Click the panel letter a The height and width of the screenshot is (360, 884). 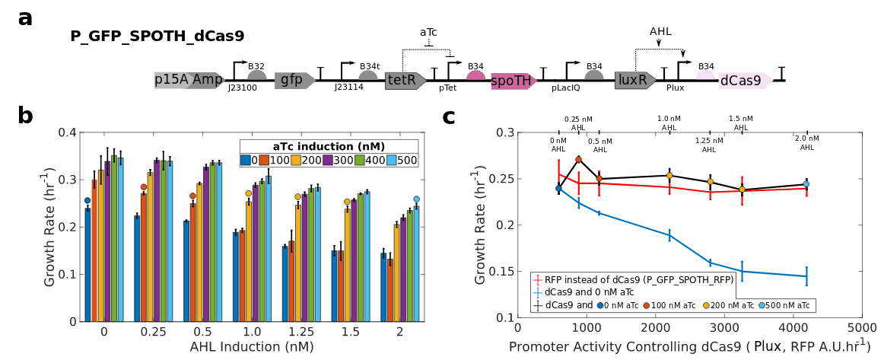(x=25, y=17)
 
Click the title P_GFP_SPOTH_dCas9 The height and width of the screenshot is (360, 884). (x=157, y=37)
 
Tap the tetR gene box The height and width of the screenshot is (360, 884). (x=404, y=80)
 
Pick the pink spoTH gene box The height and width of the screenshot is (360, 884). (x=513, y=81)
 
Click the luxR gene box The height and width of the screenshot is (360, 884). (x=634, y=80)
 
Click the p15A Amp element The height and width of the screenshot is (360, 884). (x=189, y=80)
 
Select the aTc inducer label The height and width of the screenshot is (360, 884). (x=428, y=32)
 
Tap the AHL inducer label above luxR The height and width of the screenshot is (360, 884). (x=660, y=31)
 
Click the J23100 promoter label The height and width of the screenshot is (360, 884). (x=242, y=88)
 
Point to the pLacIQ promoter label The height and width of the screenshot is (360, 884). (x=565, y=88)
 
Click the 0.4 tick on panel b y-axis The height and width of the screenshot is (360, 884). (x=67, y=132)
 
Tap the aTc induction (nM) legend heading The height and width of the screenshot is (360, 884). (x=329, y=146)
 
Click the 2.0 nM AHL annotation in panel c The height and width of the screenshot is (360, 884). (x=807, y=142)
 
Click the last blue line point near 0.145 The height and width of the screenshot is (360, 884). (x=806, y=276)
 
